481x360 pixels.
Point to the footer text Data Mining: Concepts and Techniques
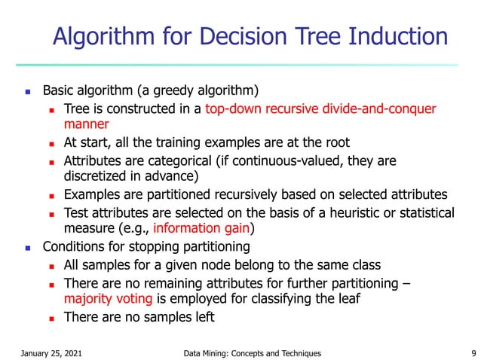(252, 352)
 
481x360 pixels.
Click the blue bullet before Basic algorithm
(27, 92)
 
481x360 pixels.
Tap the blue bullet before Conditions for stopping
(27, 246)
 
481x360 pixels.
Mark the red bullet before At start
(51, 143)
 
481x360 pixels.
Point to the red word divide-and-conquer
(377, 108)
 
